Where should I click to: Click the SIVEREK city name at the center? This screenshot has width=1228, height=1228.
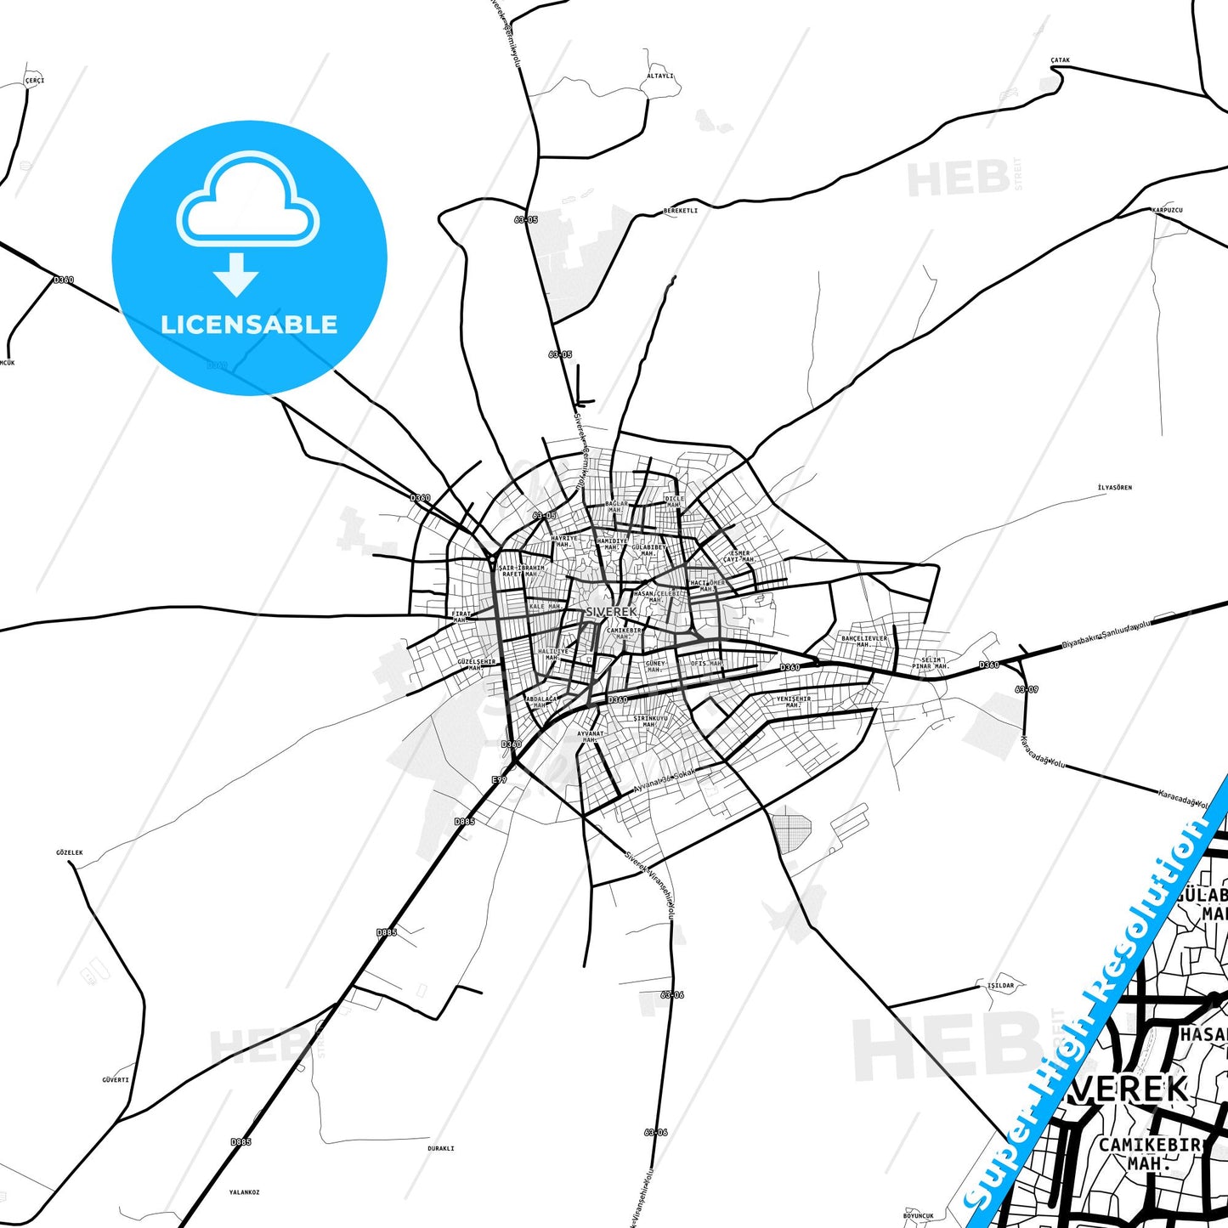tap(610, 612)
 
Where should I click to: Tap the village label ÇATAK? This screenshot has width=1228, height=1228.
tap(1060, 60)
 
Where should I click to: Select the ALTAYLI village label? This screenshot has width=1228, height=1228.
tap(659, 76)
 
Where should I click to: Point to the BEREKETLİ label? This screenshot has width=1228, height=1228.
tap(680, 210)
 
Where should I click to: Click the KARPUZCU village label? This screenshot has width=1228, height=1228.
tap(1167, 209)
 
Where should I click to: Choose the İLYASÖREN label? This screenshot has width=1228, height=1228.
tap(1114, 488)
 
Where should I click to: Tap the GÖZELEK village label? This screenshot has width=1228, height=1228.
tap(70, 852)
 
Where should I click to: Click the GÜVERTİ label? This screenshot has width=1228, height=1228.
tap(116, 1080)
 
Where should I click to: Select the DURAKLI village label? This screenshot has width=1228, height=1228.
tap(440, 1148)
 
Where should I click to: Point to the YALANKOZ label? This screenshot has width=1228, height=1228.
tap(244, 1192)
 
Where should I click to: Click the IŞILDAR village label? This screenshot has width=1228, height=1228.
tap(1000, 986)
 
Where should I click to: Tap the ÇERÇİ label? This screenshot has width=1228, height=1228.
tap(34, 81)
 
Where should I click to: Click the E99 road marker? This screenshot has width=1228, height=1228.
tap(499, 779)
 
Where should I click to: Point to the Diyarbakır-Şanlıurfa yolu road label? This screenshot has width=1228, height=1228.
tap(1105, 635)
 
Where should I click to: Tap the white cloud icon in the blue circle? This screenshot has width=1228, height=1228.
tap(248, 201)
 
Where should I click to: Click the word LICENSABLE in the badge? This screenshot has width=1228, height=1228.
tap(249, 325)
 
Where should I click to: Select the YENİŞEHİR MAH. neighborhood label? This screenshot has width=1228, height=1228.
tap(793, 702)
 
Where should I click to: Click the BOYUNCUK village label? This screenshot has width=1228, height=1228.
tap(919, 1215)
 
